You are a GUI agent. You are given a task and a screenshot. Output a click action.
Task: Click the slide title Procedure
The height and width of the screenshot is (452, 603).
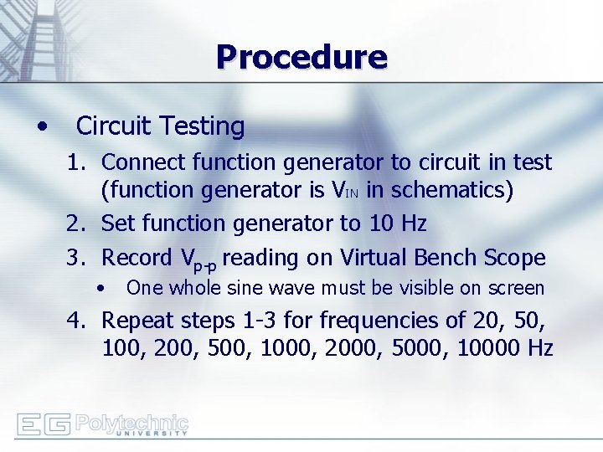pyautogui.click(x=301, y=57)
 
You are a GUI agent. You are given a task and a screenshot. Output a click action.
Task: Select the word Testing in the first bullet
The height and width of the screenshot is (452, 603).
pyautogui.click(x=206, y=126)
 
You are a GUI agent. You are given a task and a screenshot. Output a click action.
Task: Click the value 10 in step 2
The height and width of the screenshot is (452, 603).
pyautogui.click(x=379, y=223)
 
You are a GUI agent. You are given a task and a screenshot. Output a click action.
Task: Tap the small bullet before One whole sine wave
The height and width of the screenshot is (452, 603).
pyautogui.click(x=100, y=288)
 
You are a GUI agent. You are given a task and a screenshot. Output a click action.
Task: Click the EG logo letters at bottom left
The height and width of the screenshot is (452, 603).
pyautogui.click(x=43, y=424)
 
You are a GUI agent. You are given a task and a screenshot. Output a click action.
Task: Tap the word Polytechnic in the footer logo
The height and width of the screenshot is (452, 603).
pyautogui.click(x=131, y=421)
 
